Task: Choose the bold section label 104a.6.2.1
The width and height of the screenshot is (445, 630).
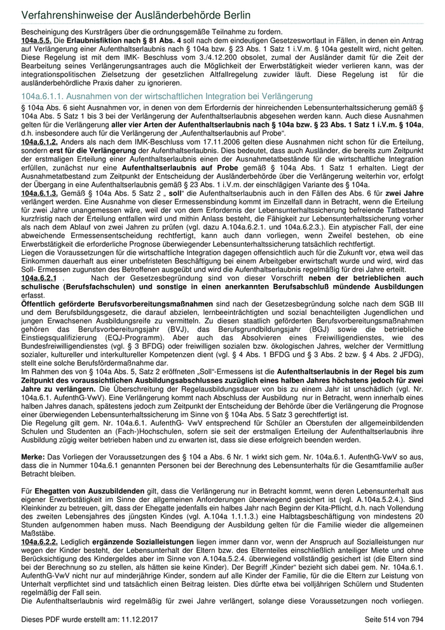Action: click(39, 278)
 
